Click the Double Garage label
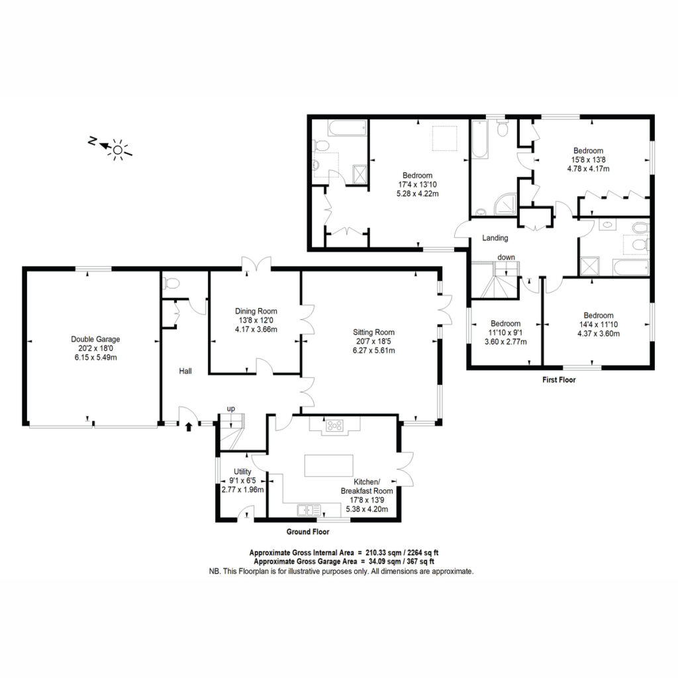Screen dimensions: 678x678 click(95, 340)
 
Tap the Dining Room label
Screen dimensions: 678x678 click(256, 311)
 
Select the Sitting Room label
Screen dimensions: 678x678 click(373, 332)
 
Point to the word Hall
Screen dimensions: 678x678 click(185, 371)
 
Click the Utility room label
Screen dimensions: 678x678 click(242, 471)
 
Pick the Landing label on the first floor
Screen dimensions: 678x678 click(495, 238)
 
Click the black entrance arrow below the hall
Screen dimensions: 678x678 click(189, 427)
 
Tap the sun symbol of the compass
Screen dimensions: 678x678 click(117, 150)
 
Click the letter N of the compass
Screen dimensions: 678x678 click(91, 140)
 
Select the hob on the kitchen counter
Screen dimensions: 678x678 click(334, 426)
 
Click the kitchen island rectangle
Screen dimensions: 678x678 click(328, 465)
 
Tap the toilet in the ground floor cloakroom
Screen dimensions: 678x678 click(171, 283)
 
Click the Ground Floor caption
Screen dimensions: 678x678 click(308, 532)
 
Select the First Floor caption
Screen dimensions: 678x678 click(559, 380)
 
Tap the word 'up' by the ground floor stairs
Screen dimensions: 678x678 click(231, 409)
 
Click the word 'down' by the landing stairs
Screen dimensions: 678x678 click(507, 258)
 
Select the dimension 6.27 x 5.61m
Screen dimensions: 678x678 click(373, 351)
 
